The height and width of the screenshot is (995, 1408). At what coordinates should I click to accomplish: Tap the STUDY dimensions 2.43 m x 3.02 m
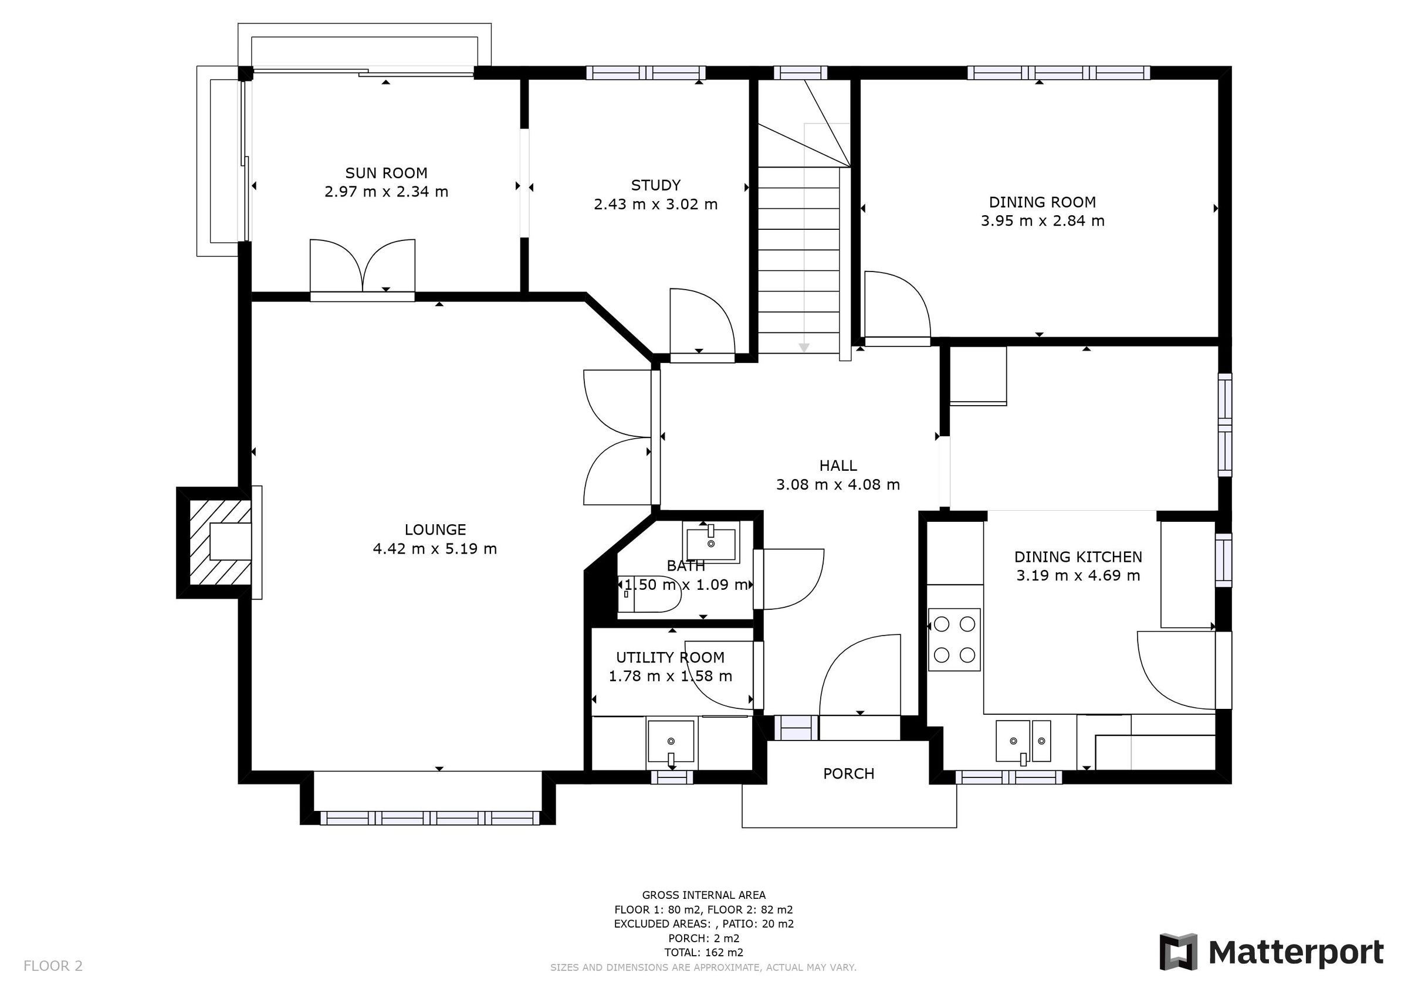[x=655, y=204]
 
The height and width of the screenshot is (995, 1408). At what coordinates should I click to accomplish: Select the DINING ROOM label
[x=1042, y=202]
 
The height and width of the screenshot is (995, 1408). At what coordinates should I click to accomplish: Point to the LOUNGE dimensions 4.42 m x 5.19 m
[x=434, y=549]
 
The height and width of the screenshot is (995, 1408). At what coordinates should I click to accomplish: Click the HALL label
[x=838, y=466]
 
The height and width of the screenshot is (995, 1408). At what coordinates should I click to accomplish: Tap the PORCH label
[x=848, y=774]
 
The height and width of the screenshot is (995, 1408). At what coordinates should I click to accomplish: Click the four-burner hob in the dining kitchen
[x=953, y=640]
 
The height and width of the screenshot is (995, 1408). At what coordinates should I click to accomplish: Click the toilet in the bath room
[x=650, y=593]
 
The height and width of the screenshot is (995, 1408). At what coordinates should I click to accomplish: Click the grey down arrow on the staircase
[x=804, y=348]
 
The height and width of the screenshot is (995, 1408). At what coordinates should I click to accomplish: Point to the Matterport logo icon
[x=1178, y=952]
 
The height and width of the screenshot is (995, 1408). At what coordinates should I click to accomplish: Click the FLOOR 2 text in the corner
[x=53, y=966]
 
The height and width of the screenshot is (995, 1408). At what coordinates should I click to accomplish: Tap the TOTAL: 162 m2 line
[x=703, y=952]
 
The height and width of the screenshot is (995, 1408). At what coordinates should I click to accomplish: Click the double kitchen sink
[x=1023, y=741]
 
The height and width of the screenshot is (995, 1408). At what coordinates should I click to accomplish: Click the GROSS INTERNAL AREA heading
[x=703, y=895]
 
